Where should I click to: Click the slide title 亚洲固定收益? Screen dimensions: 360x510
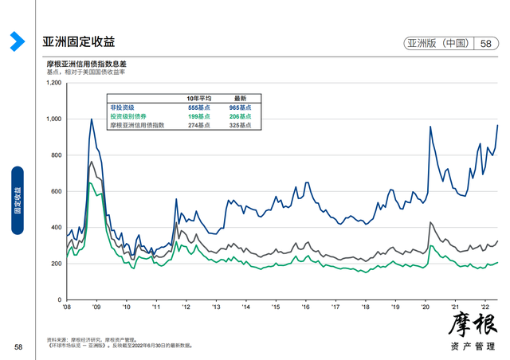pyautogui.click(x=79, y=42)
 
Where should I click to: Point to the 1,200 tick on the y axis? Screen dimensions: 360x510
pyautogui.click(x=54, y=83)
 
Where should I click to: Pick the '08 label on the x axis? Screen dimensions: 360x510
pyautogui.click(x=66, y=306)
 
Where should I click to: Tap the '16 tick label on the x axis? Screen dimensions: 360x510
pyautogui.click(x=305, y=306)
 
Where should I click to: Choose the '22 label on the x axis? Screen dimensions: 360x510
pyautogui.click(x=484, y=306)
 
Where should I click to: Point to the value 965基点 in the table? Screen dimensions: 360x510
pyautogui.click(x=239, y=107)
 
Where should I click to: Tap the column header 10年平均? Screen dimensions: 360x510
pyautogui.click(x=197, y=98)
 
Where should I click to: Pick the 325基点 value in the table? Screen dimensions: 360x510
pyautogui.click(x=239, y=125)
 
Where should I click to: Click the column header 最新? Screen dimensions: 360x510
pyautogui.click(x=239, y=98)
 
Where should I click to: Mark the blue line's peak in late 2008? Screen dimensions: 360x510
pyautogui.click(x=91, y=119)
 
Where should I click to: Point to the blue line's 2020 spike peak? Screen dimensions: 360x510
pyautogui.click(x=430, y=127)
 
